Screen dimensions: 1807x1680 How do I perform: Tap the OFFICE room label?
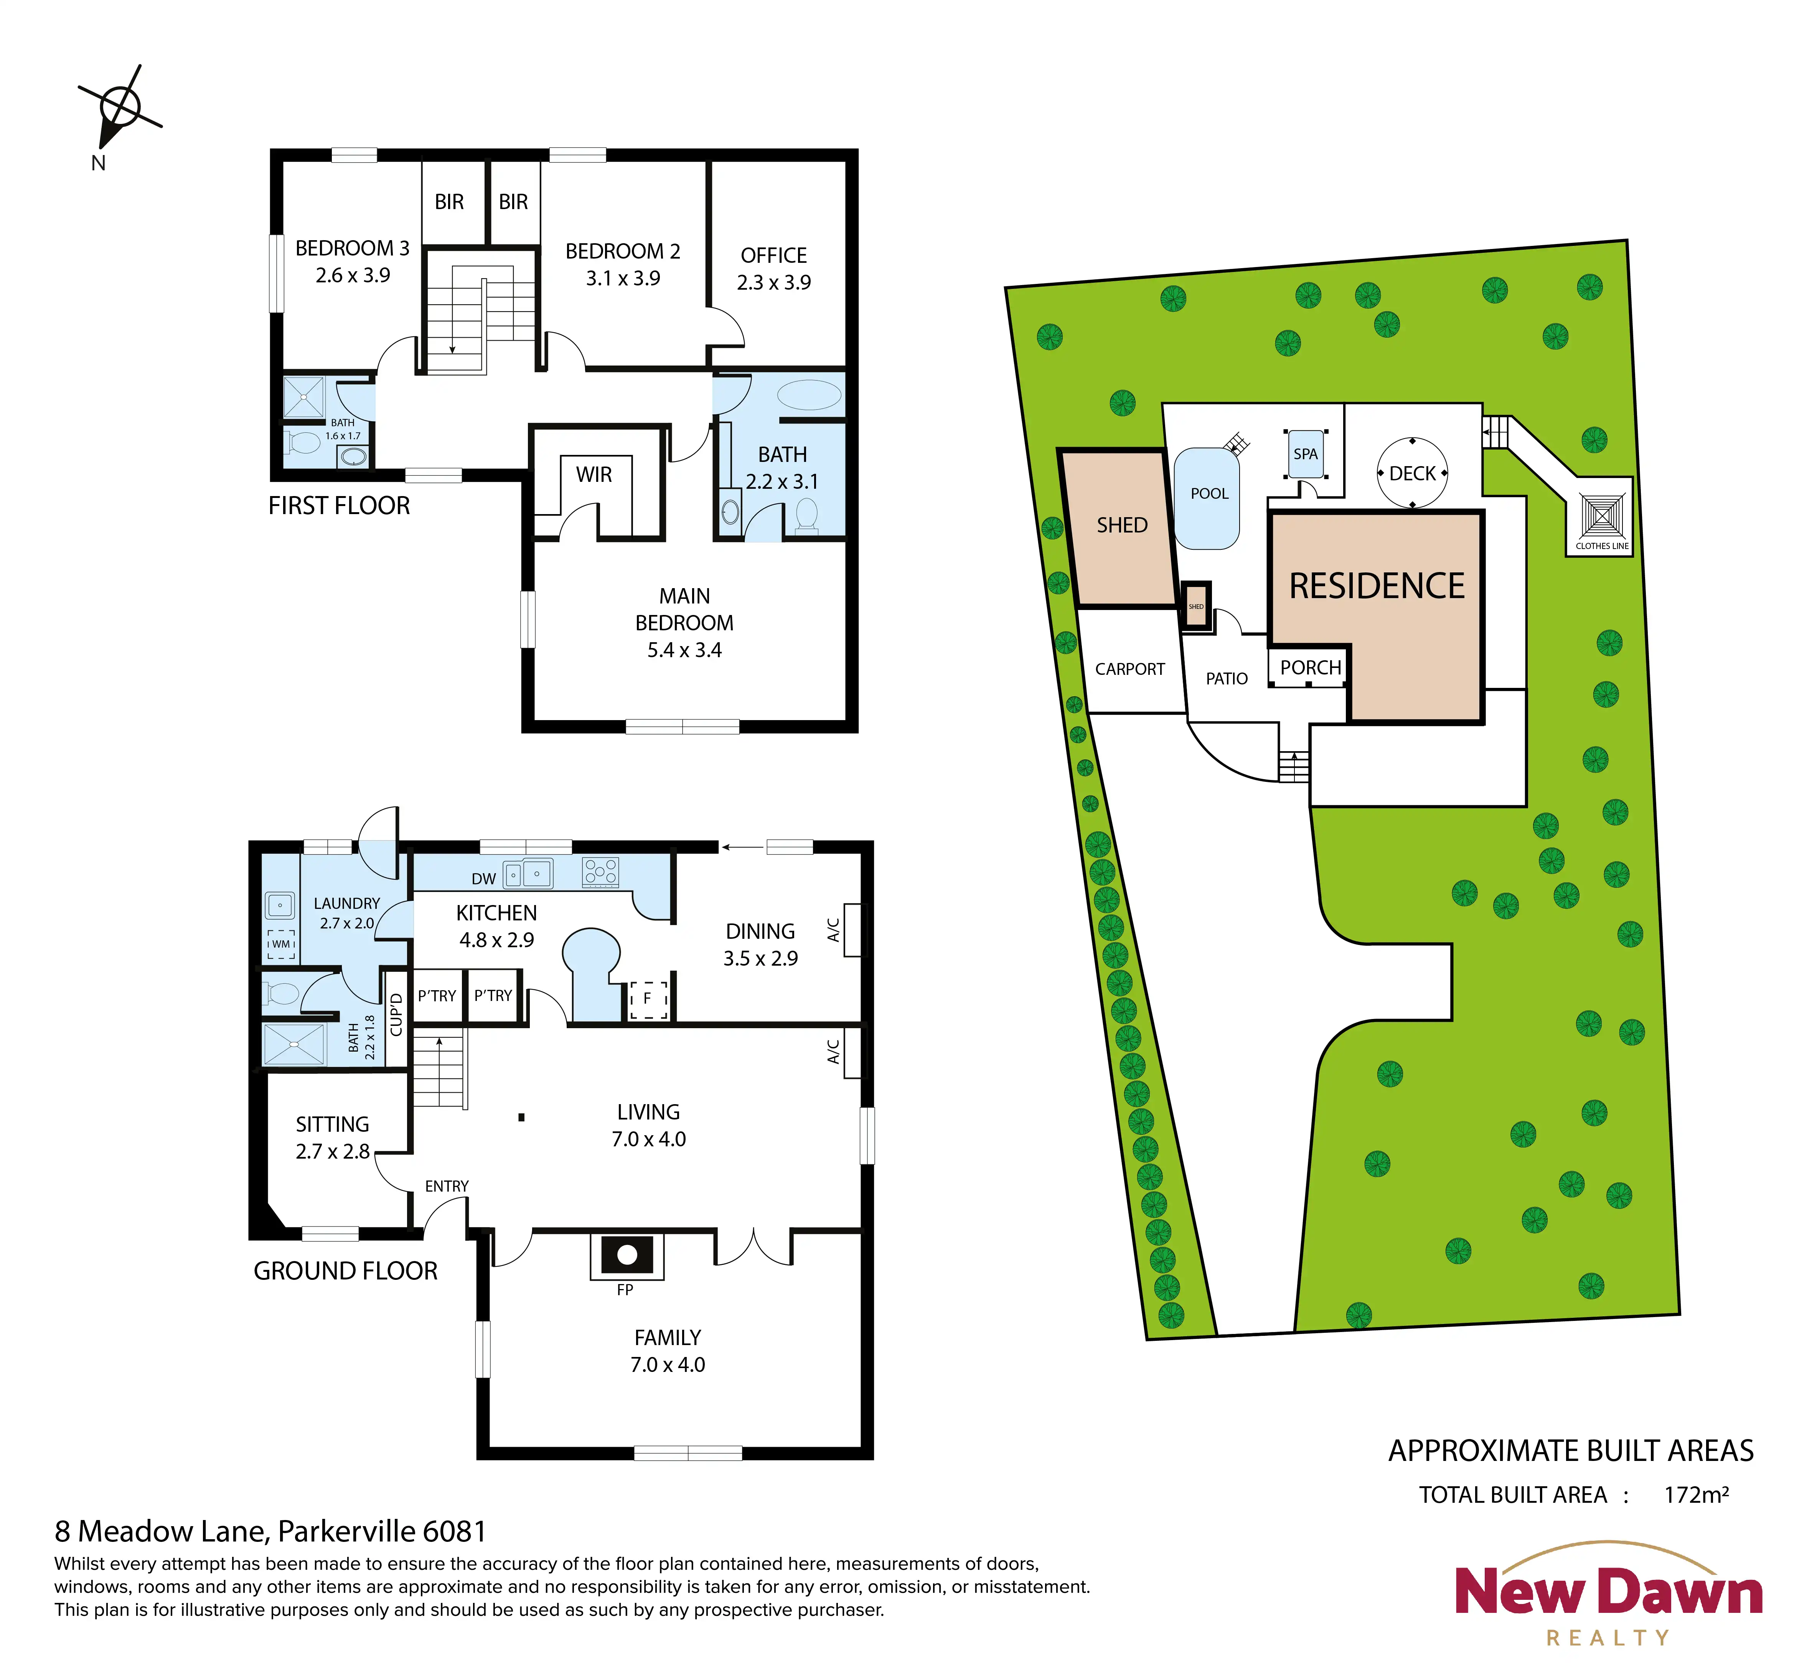pyautogui.click(x=773, y=256)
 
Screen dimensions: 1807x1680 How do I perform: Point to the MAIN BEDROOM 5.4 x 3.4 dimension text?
pyautogui.click(x=684, y=650)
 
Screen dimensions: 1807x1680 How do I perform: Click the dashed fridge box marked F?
pyautogui.click(x=648, y=999)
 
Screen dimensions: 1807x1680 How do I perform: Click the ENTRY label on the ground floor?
pyautogui.click(x=446, y=1186)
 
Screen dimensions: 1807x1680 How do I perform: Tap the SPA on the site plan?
pyautogui.click(x=1305, y=453)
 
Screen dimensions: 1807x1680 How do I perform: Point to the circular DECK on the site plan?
pyautogui.click(x=1413, y=473)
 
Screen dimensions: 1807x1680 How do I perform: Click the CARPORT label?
pyautogui.click(x=1130, y=669)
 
